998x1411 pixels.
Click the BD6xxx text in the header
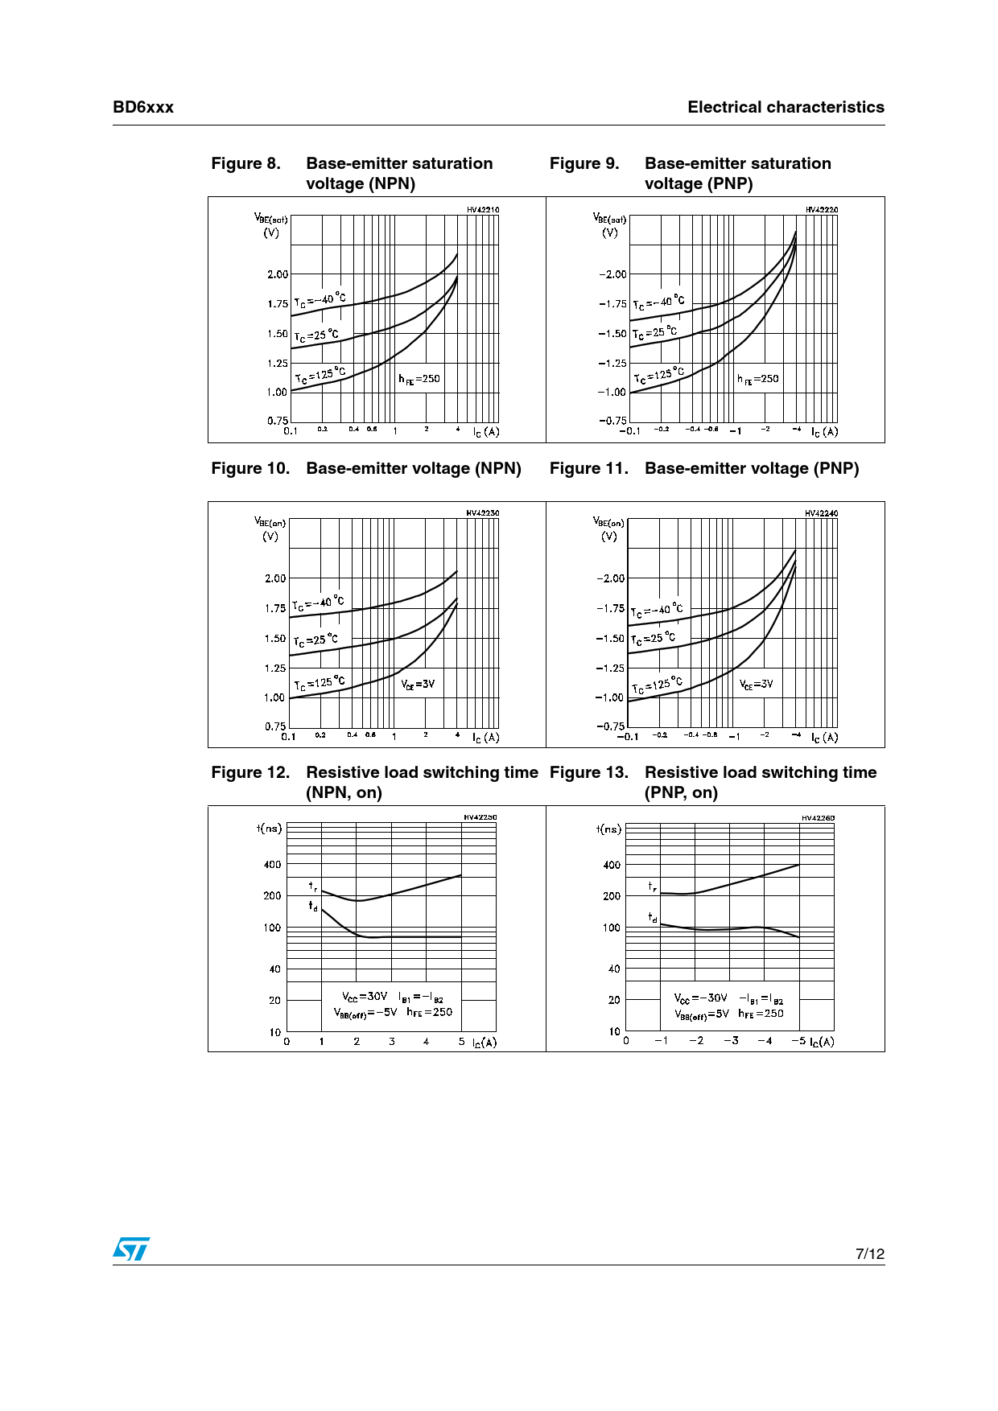(143, 108)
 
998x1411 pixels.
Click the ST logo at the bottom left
(131, 1249)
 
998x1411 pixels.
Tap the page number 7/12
(869, 1253)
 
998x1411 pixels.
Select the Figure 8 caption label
(245, 163)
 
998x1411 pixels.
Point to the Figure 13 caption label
(588, 772)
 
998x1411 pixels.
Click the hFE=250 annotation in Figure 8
(419, 379)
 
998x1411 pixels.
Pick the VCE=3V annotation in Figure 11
(756, 685)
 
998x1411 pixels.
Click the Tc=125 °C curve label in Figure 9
(658, 375)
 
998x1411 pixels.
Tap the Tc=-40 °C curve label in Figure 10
(318, 603)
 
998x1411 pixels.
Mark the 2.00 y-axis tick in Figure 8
(278, 274)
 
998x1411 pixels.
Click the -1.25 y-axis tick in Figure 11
(609, 668)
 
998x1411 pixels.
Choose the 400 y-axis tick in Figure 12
(273, 865)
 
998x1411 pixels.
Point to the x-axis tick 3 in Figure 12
(392, 1042)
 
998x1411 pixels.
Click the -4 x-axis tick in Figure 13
(765, 1041)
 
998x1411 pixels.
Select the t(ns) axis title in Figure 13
(608, 829)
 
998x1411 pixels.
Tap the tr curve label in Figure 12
(313, 887)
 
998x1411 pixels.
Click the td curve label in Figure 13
(653, 917)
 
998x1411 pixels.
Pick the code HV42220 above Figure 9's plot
(821, 210)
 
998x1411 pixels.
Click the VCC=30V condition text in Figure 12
(364, 997)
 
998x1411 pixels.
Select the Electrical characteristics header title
(786, 108)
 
